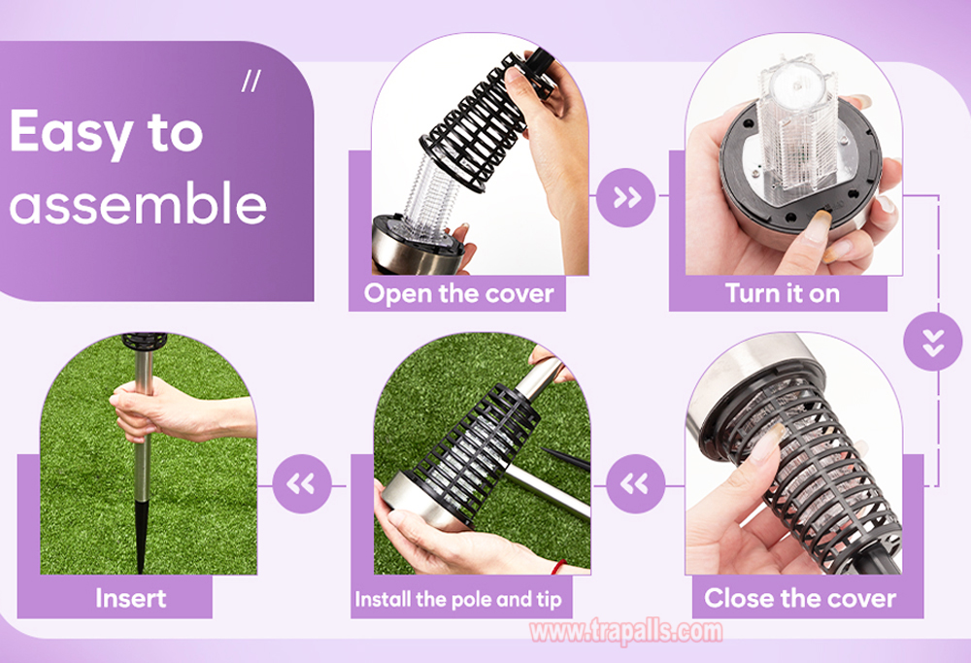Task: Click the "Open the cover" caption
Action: [x=459, y=293]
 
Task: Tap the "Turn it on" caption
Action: [x=783, y=293]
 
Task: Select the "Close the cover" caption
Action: [x=800, y=598]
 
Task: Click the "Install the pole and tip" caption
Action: [x=458, y=599]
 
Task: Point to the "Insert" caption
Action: [x=131, y=598]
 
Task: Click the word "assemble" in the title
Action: [x=138, y=203]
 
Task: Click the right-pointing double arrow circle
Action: [x=626, y=197]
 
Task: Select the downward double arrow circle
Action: [x=933, y=342]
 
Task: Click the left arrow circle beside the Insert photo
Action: [x=302, y=483]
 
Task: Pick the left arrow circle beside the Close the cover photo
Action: [x=635, y=483]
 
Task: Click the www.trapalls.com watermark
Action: [x=626, y=631]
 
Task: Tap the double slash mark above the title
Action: [x=251, y=82]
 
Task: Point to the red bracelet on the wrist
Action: [x=558, y=566]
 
